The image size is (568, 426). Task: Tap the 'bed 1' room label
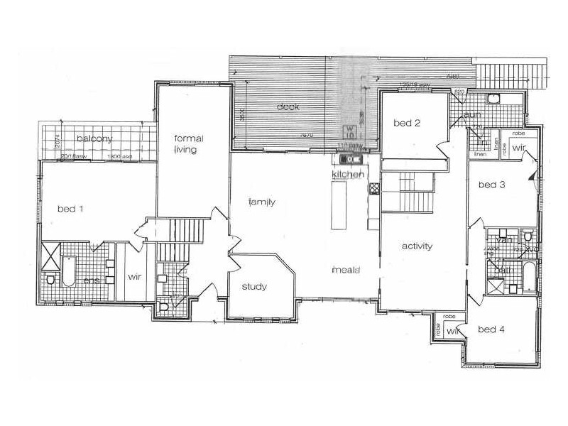[70, 209]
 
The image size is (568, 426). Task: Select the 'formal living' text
[184, 144]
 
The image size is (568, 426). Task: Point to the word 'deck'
[288, 107]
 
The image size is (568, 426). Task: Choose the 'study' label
[254, 287]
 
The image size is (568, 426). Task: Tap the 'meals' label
[348, 271]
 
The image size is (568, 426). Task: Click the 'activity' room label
[417, 246]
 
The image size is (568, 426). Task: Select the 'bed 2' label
[408, 124]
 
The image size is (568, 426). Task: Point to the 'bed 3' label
[491, 185]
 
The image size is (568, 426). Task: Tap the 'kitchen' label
[347, 174]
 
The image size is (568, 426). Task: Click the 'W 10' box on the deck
[350, 131]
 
